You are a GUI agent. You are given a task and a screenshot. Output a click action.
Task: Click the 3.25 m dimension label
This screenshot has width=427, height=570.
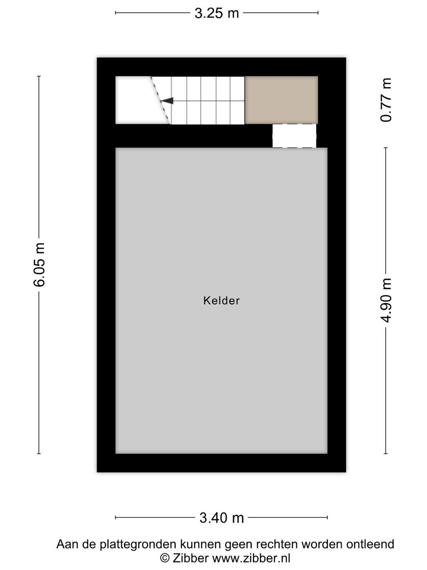217,13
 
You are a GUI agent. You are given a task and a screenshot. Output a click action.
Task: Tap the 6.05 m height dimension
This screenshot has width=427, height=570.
40,264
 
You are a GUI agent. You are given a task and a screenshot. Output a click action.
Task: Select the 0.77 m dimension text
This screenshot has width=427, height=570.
386,100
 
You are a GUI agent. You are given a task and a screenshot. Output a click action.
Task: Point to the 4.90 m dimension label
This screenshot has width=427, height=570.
386,300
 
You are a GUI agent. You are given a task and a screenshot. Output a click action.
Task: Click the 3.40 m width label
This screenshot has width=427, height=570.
221,517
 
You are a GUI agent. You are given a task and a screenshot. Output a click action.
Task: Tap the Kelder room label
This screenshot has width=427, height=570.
221,301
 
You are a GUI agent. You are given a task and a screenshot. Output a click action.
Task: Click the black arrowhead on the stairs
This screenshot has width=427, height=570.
167,101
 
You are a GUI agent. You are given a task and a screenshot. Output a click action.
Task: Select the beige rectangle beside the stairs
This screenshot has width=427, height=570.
281,100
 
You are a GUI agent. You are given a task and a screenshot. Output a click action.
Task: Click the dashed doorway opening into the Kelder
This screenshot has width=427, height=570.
294,136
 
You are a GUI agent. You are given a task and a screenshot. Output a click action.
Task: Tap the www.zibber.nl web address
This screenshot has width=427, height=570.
251,558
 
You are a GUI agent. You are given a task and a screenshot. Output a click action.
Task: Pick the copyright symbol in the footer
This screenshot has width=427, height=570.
164,558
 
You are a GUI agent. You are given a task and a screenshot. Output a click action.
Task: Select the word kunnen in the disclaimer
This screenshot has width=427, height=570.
201,544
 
